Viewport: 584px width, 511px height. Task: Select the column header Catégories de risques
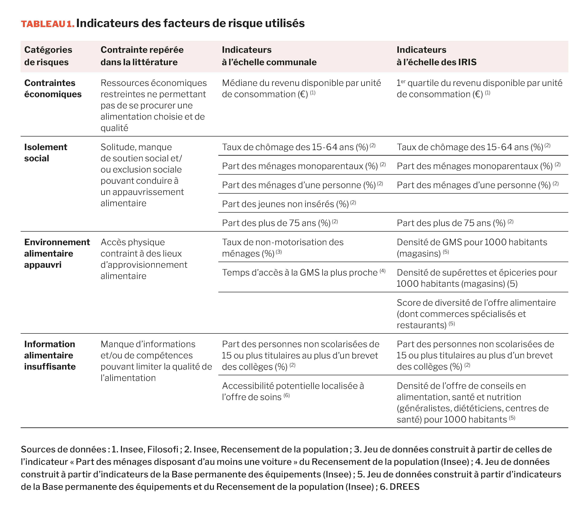tap(48, 56)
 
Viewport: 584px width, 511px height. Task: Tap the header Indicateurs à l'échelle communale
tap(269, 56)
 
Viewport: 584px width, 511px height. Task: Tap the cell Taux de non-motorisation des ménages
tap(283, 248)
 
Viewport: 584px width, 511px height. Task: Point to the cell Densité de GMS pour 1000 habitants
tap(472, 248)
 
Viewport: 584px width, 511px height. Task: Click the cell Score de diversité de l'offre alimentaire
tap(476, 314)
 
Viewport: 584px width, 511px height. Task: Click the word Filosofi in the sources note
tap(163, 449)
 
